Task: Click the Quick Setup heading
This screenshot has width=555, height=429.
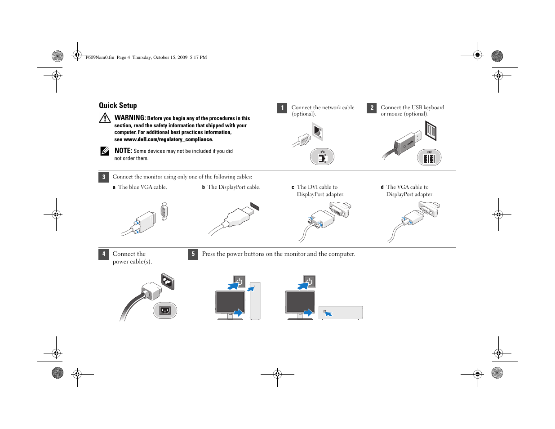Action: coord(118,105)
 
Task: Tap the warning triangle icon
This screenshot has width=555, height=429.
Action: coord(105,118)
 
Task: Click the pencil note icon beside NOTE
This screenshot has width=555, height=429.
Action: coord(105,151)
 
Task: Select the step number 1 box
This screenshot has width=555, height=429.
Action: coord(282,108)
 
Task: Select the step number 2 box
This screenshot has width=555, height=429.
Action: coord(372,108)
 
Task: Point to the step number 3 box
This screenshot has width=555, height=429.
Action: coord(103,177)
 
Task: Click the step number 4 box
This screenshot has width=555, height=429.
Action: coord(103,254)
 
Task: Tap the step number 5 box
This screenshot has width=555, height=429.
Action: coord(193,254)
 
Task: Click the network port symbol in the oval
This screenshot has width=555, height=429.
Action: coord(322,157)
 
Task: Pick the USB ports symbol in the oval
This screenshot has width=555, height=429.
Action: coord(429,158)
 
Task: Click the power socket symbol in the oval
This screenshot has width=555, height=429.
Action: coord(165,310)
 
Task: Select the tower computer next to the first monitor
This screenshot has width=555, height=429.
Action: coord(255,301)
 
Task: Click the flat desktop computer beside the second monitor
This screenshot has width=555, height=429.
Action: coord(341,313)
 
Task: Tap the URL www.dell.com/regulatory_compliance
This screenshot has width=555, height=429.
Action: coord(168,139)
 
